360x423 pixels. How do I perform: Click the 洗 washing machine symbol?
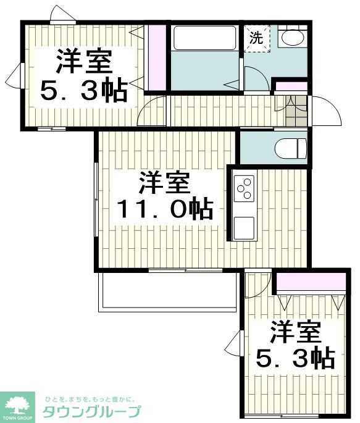click(256, 38)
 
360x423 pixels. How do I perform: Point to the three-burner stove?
click(245, 187)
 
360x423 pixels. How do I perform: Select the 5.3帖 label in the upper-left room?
click(84, 91)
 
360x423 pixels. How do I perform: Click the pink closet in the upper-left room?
click(157, 57)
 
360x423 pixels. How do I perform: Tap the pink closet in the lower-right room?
click(310, 282)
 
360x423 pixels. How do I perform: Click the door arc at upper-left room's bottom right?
click(153, 111)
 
